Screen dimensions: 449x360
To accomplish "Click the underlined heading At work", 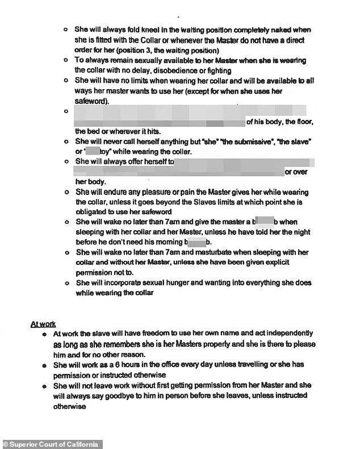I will (x=43, y=324).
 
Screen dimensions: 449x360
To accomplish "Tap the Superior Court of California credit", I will (x=51, y=444).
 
